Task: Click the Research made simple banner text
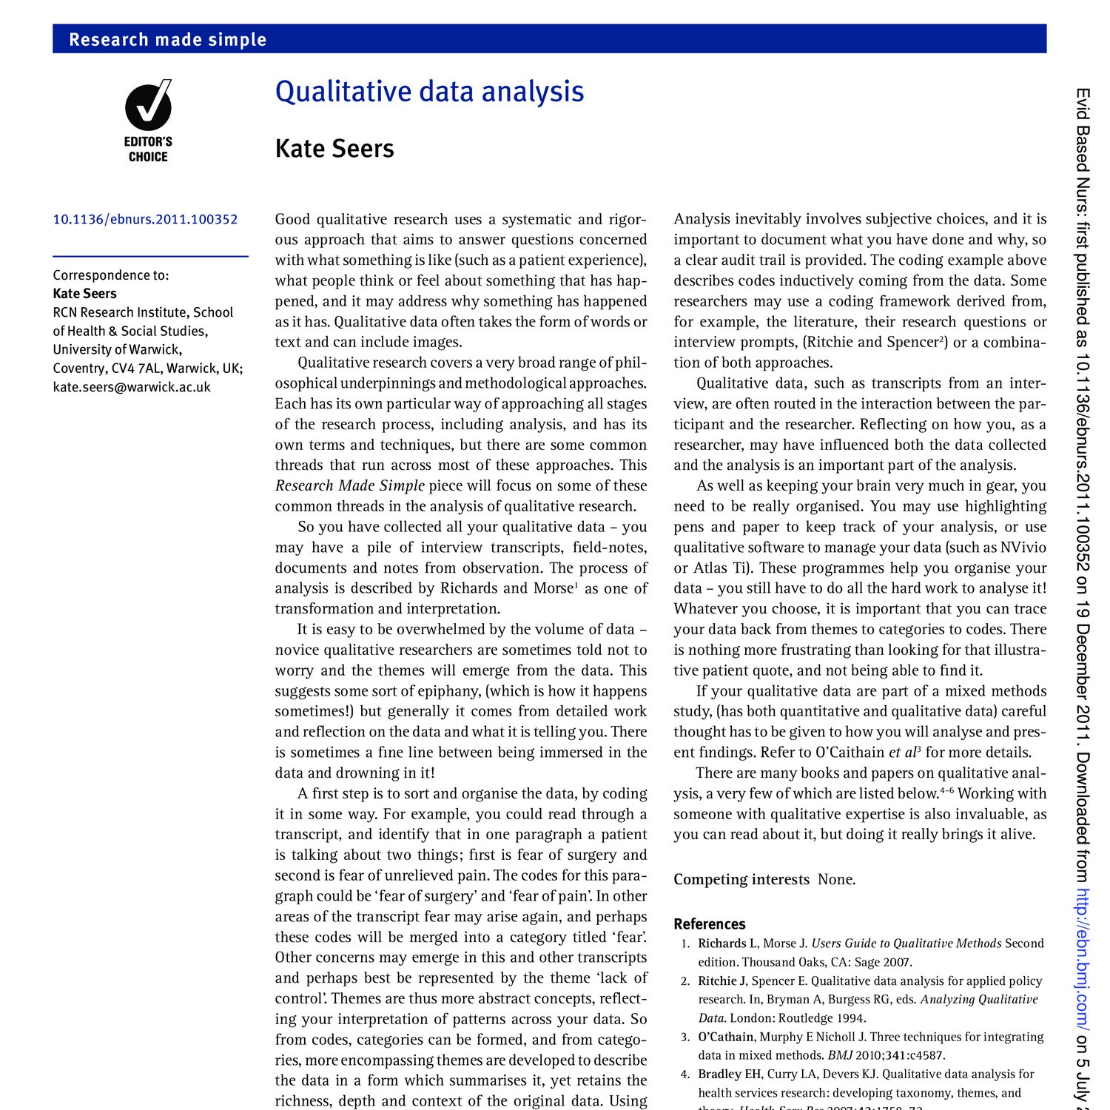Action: [167, 39]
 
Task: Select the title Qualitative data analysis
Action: [429, 92]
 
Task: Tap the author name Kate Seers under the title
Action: [334, 149]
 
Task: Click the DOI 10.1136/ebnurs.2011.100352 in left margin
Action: [145, 219]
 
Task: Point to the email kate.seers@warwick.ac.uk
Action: [132, 387]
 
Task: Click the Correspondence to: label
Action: [111, 275]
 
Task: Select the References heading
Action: [709, 924]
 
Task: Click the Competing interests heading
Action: [741, 879]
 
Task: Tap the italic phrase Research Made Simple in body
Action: [349, 486]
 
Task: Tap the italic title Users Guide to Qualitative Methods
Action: [906, 943]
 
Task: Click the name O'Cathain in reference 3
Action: [725, 1037]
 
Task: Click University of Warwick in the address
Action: [117, 349]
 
